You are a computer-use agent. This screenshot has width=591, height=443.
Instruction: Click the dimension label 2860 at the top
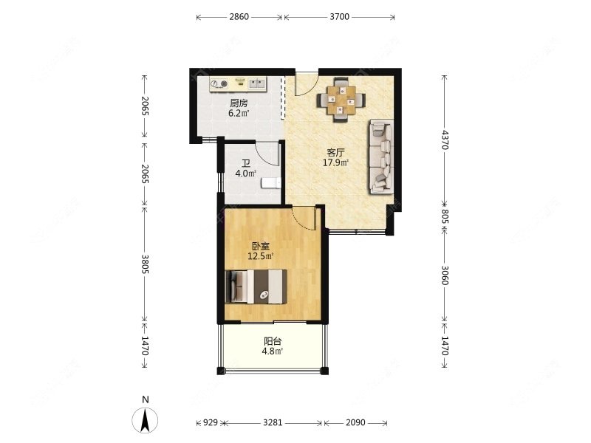pos(239,16)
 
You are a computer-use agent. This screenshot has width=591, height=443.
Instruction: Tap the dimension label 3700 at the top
pos(340,16)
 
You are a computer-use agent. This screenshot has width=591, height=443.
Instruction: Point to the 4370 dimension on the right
pos(445,140)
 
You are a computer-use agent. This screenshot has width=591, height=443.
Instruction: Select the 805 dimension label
pos(445,216)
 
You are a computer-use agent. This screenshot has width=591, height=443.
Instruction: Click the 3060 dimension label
pos(445,275)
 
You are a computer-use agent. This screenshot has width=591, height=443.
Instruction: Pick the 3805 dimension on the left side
pos(145,264)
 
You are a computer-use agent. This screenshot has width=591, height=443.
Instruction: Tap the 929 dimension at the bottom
pos(211,422)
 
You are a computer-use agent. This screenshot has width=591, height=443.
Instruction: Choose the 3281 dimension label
pos(273,422)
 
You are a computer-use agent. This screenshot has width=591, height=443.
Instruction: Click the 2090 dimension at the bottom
pos(355,422)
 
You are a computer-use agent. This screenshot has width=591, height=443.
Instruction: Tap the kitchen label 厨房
pos(239,103)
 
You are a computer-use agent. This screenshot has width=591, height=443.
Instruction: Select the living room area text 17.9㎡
pos(335,162)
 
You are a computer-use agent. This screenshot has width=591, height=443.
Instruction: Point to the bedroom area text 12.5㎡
pos(261,256)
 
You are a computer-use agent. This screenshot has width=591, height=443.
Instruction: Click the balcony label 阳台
pos(273,342)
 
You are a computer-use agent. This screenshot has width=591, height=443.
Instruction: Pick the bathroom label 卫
pos(246,163)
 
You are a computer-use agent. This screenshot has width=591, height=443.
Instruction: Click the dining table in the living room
pos(341,100)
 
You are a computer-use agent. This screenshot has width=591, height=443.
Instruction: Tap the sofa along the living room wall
pos(381,157)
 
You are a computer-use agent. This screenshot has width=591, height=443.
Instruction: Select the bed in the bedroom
pos(256,286)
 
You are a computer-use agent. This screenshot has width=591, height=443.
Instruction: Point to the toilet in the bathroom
pos(271,182)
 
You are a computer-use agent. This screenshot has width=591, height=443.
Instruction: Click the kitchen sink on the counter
pos(257,83)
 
